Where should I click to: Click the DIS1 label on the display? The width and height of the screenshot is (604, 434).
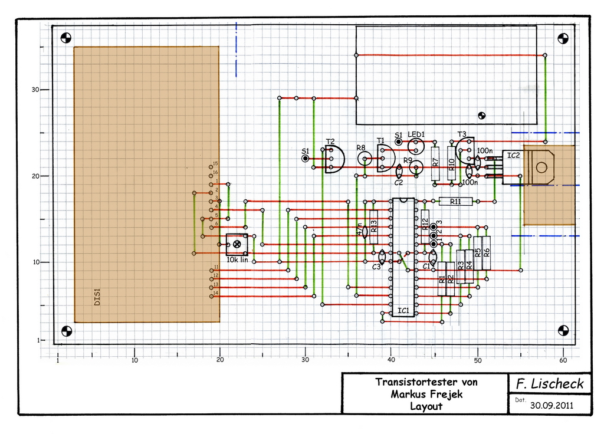tap(98, 297)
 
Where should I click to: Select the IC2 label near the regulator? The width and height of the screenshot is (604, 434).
tap(514, 156)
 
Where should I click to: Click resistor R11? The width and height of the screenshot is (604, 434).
tap(456, 202)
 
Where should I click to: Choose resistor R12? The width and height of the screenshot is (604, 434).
tap(425, 226)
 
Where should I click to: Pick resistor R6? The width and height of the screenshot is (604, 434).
tap(487, 252)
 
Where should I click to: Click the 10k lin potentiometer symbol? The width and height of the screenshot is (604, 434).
tap(237, 244)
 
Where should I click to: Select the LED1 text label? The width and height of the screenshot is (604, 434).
tap(416, 135)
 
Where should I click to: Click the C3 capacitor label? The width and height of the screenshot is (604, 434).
tap(376, 267)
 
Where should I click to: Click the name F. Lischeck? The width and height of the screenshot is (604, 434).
tap(549, 384)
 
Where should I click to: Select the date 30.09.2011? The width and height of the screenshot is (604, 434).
tap(552, 405)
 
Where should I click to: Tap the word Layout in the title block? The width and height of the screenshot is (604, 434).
tap(426, 406)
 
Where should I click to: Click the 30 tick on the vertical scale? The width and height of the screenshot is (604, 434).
tap(35, 90)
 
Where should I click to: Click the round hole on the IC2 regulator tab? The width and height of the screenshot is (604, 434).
tap(541, 167)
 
